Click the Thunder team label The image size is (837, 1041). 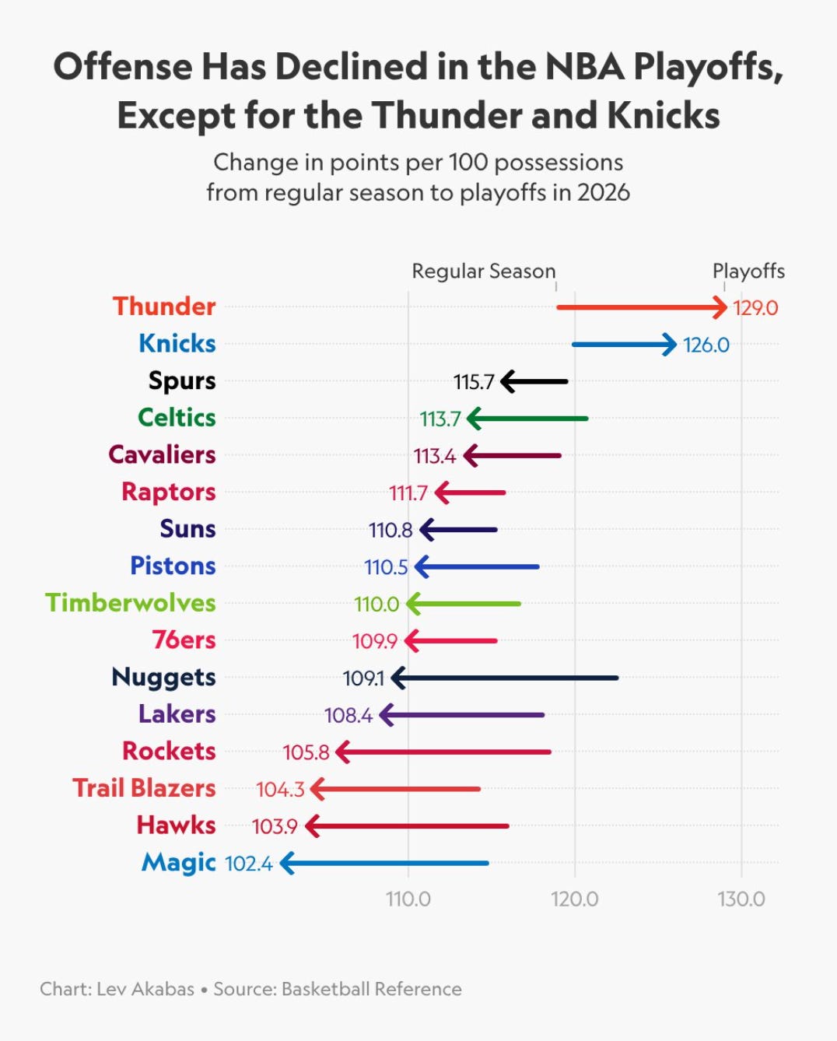164,307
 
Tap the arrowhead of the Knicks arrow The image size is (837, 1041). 670,345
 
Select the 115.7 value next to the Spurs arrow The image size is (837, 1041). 474,382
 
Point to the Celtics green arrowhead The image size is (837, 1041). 475,419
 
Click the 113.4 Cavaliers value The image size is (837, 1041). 435,456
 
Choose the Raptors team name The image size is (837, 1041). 168,492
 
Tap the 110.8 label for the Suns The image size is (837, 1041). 390,530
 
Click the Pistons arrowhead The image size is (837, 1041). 422,567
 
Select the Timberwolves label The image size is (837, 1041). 131,603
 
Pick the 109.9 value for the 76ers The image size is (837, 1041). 375,641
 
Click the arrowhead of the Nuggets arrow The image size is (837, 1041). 398,678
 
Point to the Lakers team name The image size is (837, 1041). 177,714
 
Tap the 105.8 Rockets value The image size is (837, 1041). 306,752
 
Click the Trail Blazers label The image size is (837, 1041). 144,788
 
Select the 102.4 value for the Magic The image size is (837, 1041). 249,864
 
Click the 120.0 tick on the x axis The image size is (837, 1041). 575,899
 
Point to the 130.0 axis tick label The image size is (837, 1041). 741,899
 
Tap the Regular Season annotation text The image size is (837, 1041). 484,272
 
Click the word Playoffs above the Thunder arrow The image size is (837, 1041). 748,272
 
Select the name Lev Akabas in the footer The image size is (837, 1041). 145,990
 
